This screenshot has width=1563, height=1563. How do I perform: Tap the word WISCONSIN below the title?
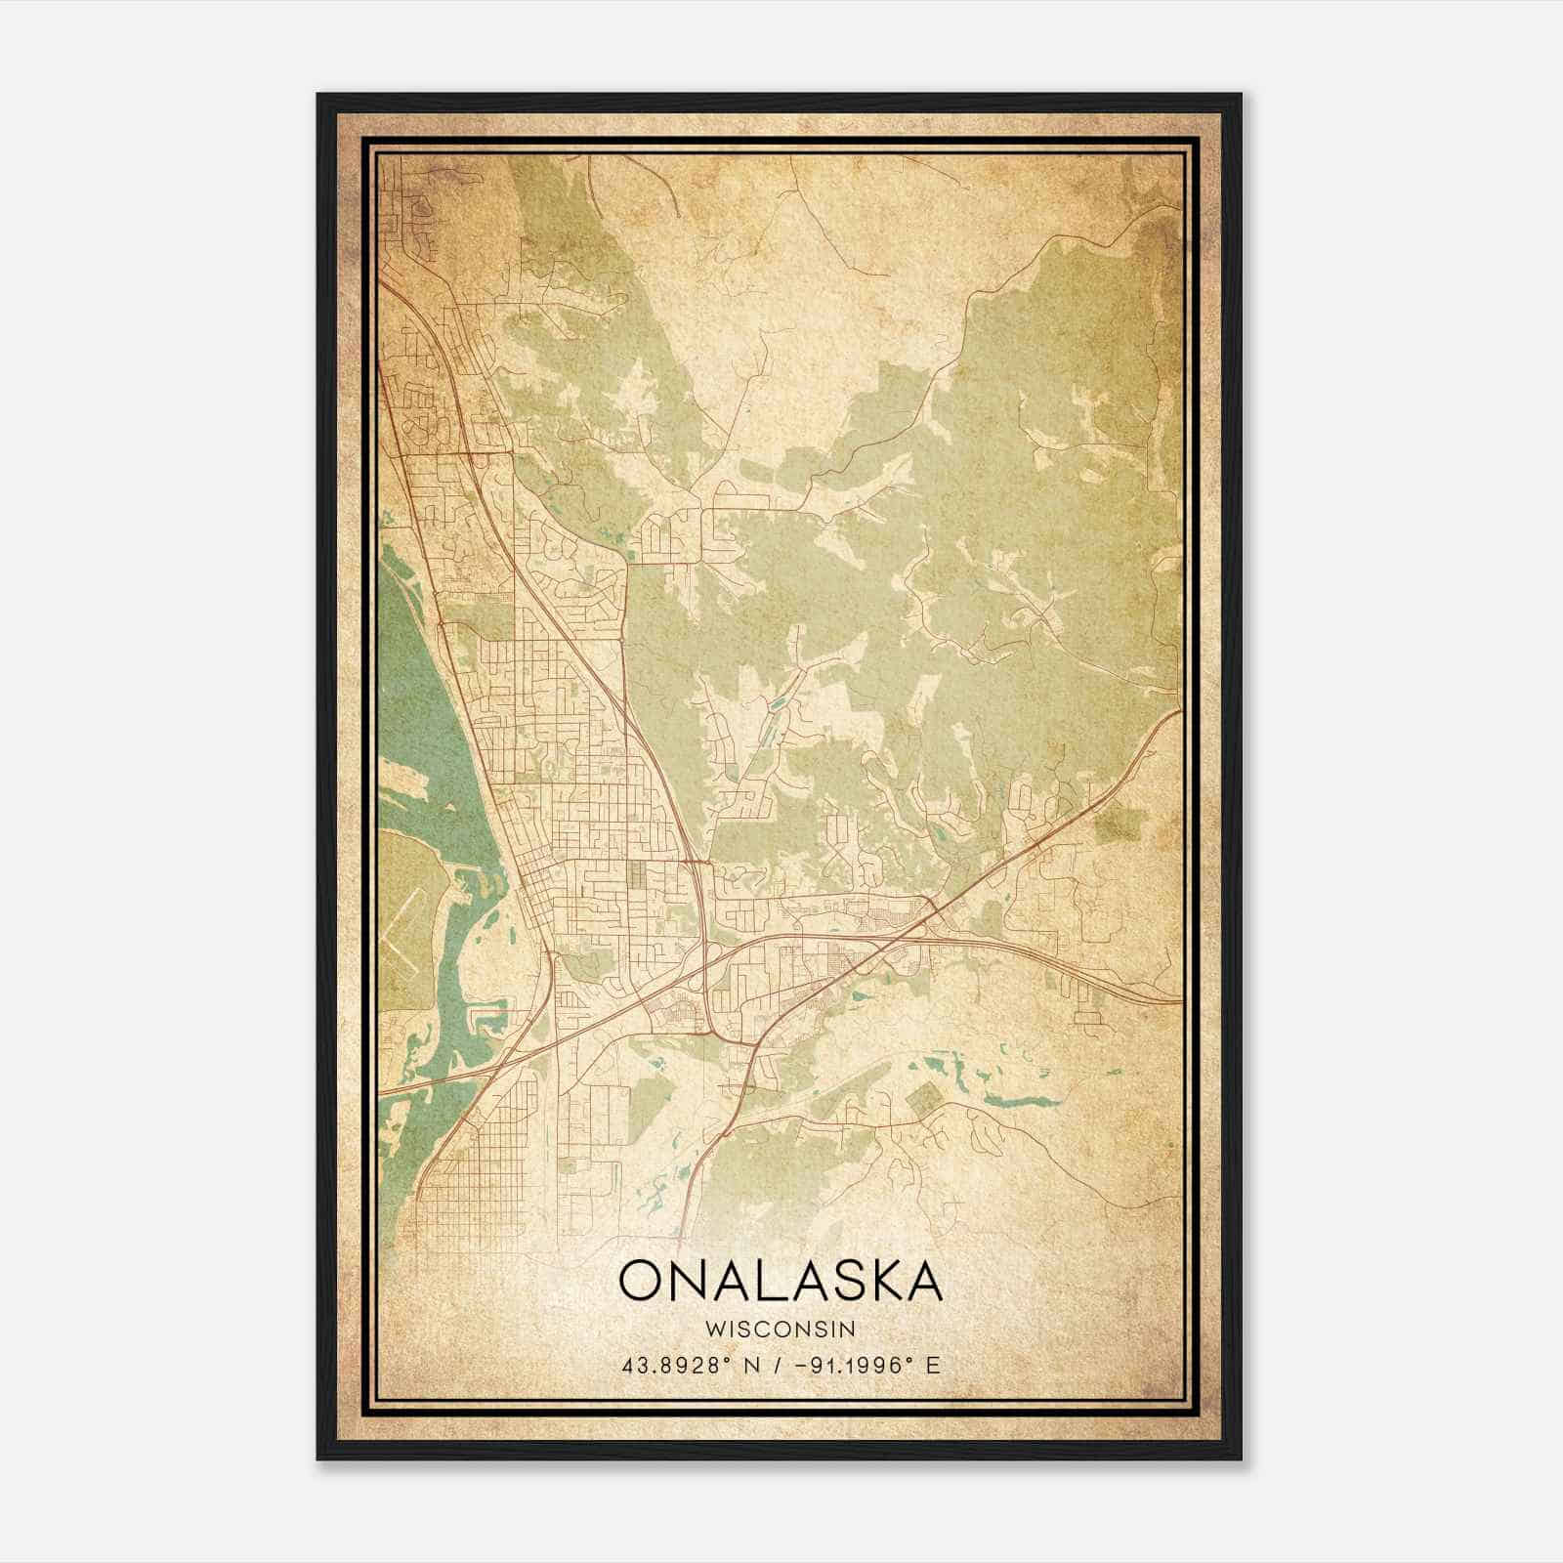[x=781, y=1330]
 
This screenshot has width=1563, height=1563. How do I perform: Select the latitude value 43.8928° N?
[x=690, y=1366]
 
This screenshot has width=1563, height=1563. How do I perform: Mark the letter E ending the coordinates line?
[x=933, y=1366]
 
